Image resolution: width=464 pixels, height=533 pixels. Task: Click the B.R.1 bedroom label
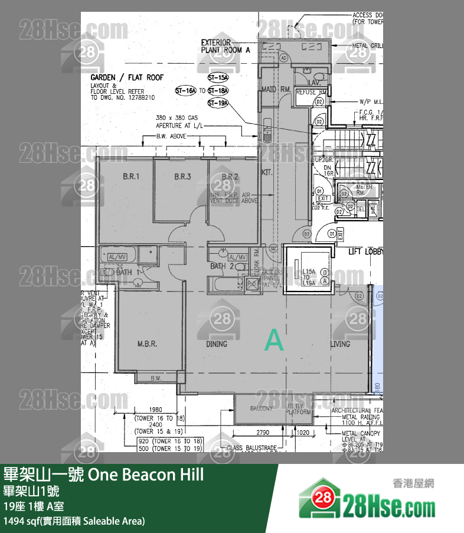(x=130, y=176)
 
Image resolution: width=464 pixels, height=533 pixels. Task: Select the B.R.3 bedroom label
(x=182, y=176)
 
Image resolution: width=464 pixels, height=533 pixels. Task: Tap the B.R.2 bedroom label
(x=230, y=176)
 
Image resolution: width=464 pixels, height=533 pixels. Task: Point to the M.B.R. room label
(x=147, y=344)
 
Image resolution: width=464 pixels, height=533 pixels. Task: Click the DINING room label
(x=217, y=344)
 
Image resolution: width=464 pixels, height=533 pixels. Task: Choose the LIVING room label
(x=340, y=344)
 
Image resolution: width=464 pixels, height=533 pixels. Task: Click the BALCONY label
(x=262, y=408)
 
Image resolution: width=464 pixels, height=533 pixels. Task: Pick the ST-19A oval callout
(x=218, y=103)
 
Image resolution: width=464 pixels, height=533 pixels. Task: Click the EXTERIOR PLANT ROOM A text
(x=226, y=46)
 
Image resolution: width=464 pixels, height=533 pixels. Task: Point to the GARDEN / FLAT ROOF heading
(x=123, y=78)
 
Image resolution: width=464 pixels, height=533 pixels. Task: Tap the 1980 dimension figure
(x=156, y=409)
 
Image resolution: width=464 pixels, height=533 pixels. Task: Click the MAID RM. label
(x=275, y=89)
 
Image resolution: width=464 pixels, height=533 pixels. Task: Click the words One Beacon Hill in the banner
(x=145, y=475)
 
